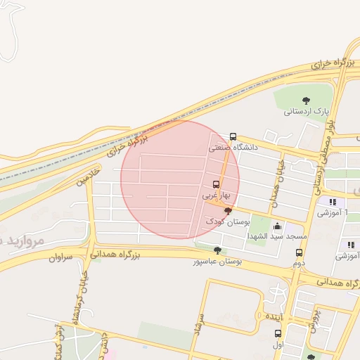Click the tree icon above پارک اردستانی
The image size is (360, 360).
tap(306, 101)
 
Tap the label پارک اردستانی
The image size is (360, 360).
tap(307, 111)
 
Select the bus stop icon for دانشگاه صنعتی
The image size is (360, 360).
tap(233, 136)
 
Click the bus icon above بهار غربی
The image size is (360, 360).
tap(215, 184)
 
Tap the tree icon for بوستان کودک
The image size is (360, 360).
tap(227, 210)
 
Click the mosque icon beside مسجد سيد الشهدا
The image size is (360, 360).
tap(277, 226)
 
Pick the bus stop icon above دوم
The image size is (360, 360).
tap(300, 252)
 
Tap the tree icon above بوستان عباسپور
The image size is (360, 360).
tap(217, 250)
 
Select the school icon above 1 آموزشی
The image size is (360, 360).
tap(330, 202)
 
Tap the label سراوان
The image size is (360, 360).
tap(60, 257)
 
